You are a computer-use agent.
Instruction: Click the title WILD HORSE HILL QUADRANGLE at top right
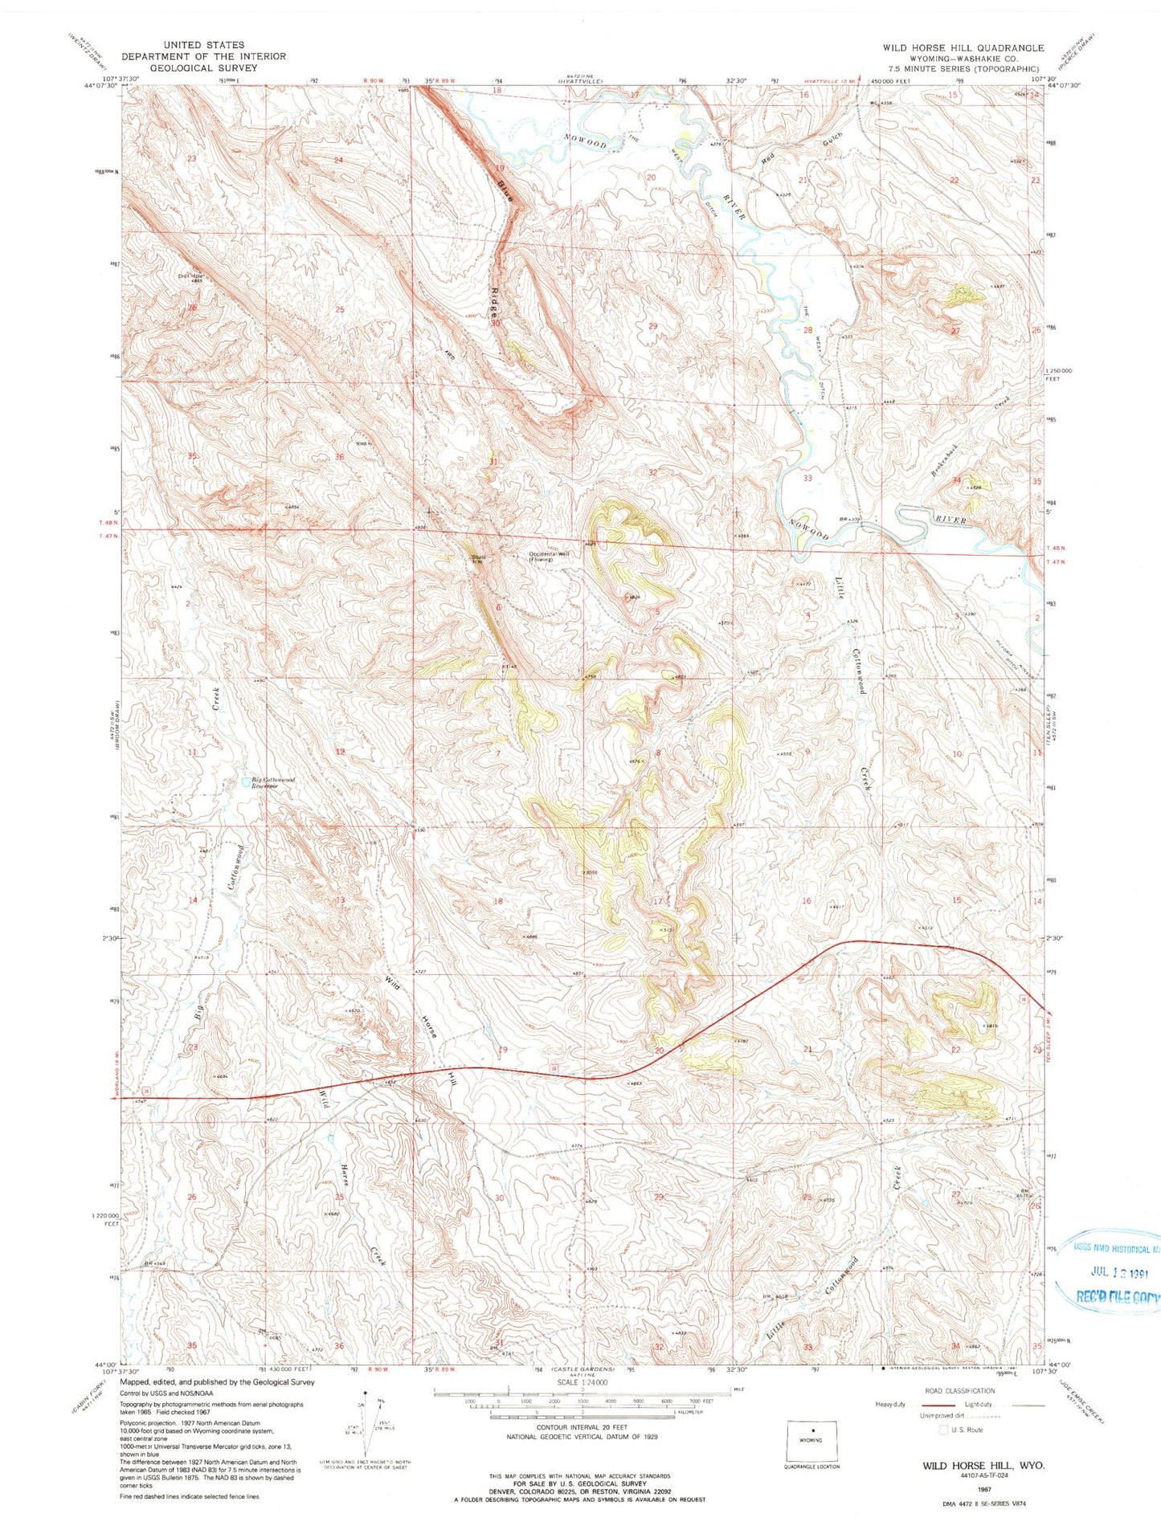(963, 48)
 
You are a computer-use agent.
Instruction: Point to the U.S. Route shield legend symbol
(942, 1429)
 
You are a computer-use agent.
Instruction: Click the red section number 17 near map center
(657, 901)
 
